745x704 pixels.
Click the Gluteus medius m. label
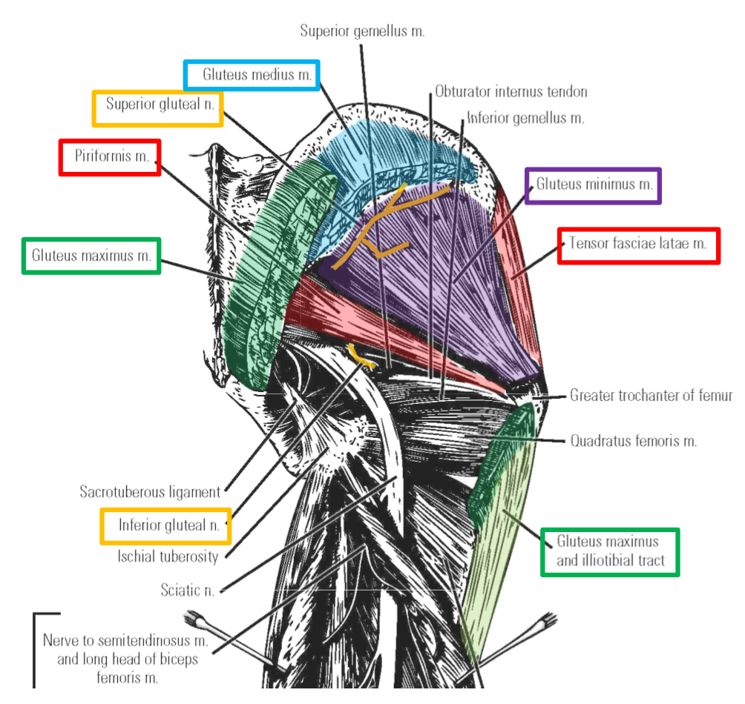pyautogui.click(x=252, y=76)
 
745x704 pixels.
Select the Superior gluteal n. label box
pyautogui.click(x=157, y=108)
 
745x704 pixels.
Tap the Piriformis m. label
pyautogui.click(x=110, y=157)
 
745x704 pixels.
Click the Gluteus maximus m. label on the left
pyautogui.click(x=91, y=256)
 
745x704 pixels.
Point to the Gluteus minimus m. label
pyautogui.click(x=593, y=185)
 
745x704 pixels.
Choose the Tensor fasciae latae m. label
pyautogui.click(x=638, y=245)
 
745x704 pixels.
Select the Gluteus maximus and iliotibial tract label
pyautogui.click(x=610, y=551)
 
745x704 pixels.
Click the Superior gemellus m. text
pyautogui.click(x=362, y=31)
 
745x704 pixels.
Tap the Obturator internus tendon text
pyautogui.click(x=511, y=92)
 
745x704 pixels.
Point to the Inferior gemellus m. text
pyautogui.click(x=525, y=118)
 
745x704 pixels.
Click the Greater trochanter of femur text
pyautogui.click(x=650, y=396)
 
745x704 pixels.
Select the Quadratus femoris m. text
pyautogui.click(x=633, y=441)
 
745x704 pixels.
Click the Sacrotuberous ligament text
pyautogui.click(x=150, y=491)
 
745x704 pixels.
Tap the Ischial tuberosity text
pyautogui.click(x=168, y=556)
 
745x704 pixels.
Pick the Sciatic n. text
pyautogui.click(x=187, y=590)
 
